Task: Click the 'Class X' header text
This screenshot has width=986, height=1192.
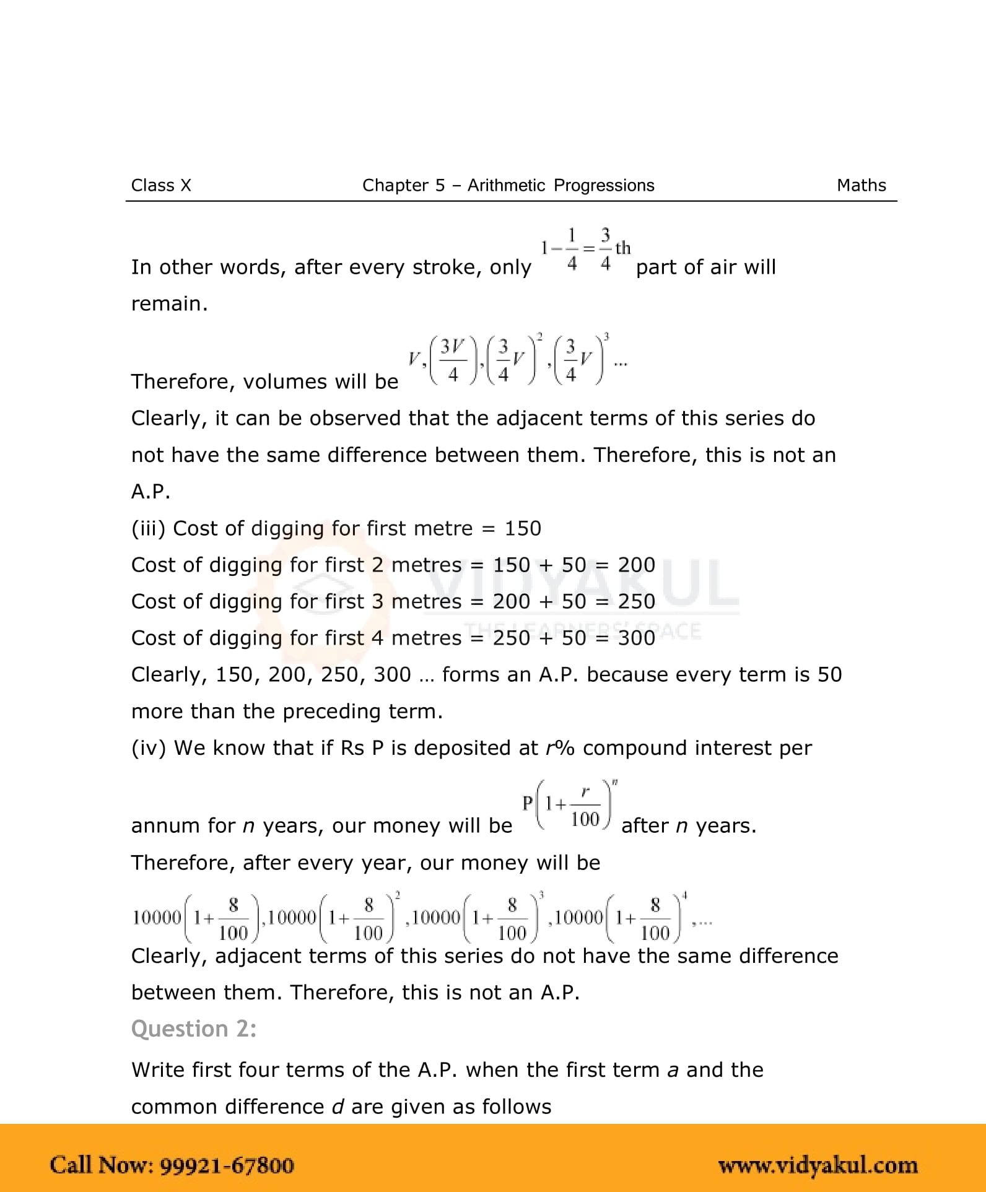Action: tap(161, 185)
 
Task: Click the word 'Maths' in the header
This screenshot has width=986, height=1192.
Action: tap(861, 185)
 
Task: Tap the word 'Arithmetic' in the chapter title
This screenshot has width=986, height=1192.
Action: tap(506, 185)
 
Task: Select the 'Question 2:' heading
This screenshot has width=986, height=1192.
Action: tap(194, 1029)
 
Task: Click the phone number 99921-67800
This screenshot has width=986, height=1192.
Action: tap(227, 1165)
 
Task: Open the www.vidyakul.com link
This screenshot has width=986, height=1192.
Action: tap(818, 1165)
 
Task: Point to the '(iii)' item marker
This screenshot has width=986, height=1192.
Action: tap(149, 528)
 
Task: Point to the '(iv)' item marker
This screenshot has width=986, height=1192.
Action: tap(149, 748)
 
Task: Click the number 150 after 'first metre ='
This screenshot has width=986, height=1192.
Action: tap(523, 528)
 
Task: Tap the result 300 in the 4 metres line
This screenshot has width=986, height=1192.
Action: tap(637, 638)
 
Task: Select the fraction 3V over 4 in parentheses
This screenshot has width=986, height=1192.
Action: tap(453, 360)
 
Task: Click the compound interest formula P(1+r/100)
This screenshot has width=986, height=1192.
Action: tap(569, 805)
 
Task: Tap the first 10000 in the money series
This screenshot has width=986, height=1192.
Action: tap(157, 918)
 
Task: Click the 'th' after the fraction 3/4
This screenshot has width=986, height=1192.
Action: tap(623, 248)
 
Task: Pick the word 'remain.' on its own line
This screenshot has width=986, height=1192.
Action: tap(169, 303)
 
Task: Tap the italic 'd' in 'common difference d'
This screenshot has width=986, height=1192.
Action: tap(338, 1107)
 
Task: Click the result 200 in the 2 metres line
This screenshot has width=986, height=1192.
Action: tap(637, 565)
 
